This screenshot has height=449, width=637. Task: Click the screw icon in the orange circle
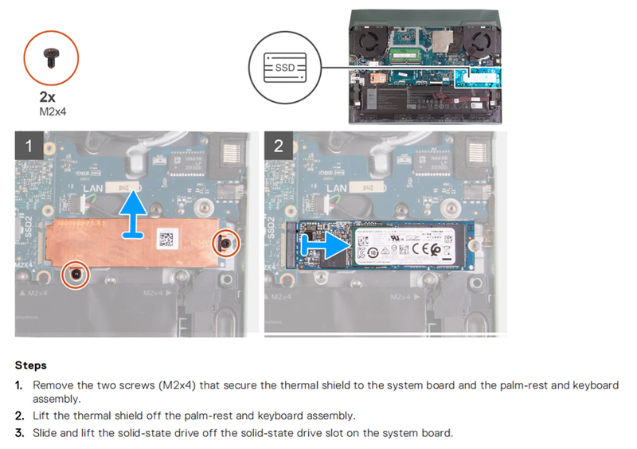(54, 56)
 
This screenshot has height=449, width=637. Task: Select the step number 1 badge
(29, 146)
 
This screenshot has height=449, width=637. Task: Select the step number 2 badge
(278, 146)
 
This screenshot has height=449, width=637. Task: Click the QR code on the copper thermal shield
(168, 239)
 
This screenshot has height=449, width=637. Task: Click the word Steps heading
(30, 365)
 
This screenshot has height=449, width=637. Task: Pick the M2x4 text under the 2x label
(53, 112)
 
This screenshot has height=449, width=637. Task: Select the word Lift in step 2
(43, 416)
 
